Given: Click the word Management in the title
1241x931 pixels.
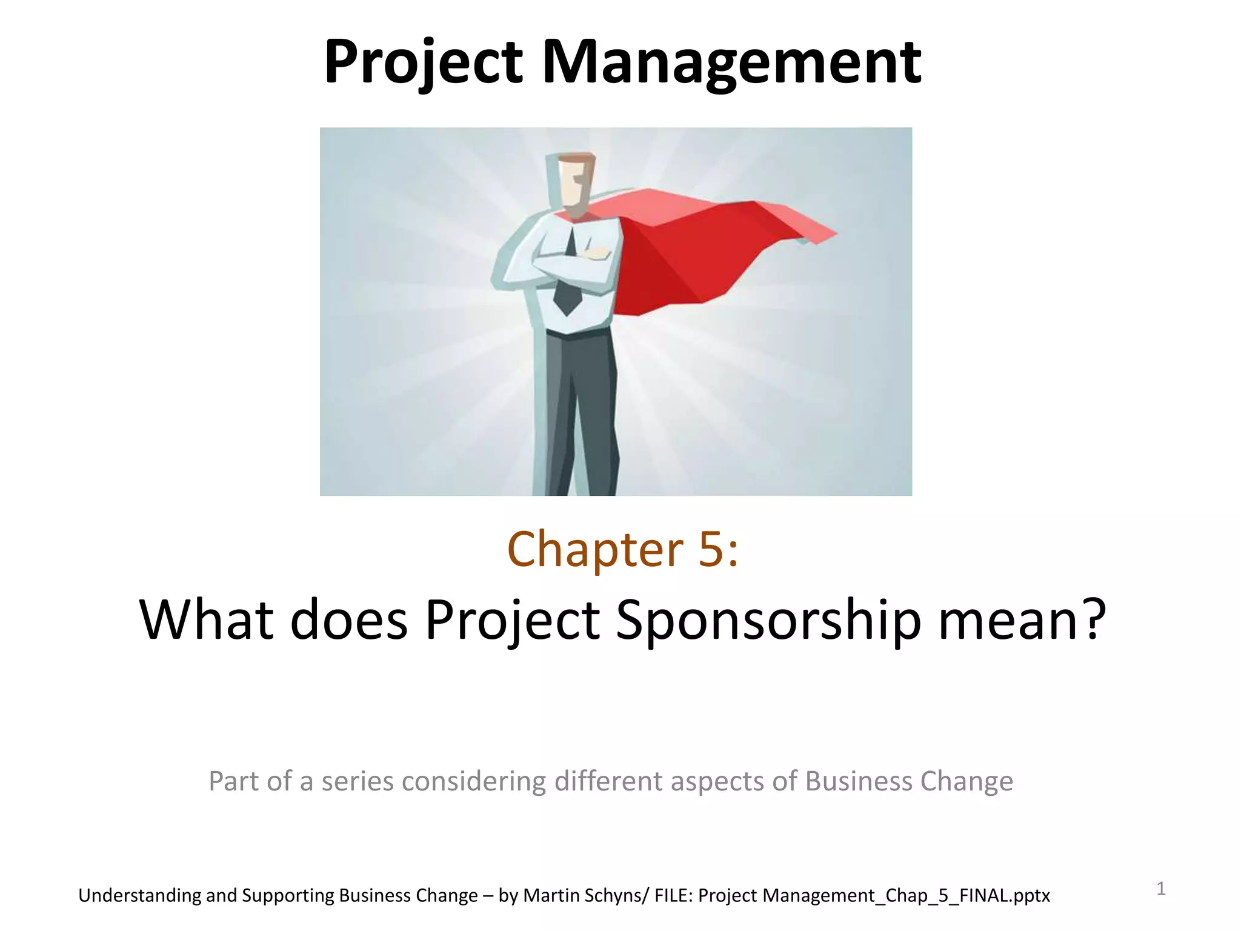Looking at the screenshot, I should click(731, 62).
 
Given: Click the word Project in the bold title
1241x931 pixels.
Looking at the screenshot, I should click(423, 62).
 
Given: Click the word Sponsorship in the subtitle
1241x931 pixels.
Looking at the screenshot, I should click(768, 619).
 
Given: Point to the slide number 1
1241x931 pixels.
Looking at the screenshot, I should click(1161, 889).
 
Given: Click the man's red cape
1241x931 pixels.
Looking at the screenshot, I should click(697, 249).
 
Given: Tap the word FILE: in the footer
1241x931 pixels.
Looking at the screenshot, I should click(674, 895).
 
